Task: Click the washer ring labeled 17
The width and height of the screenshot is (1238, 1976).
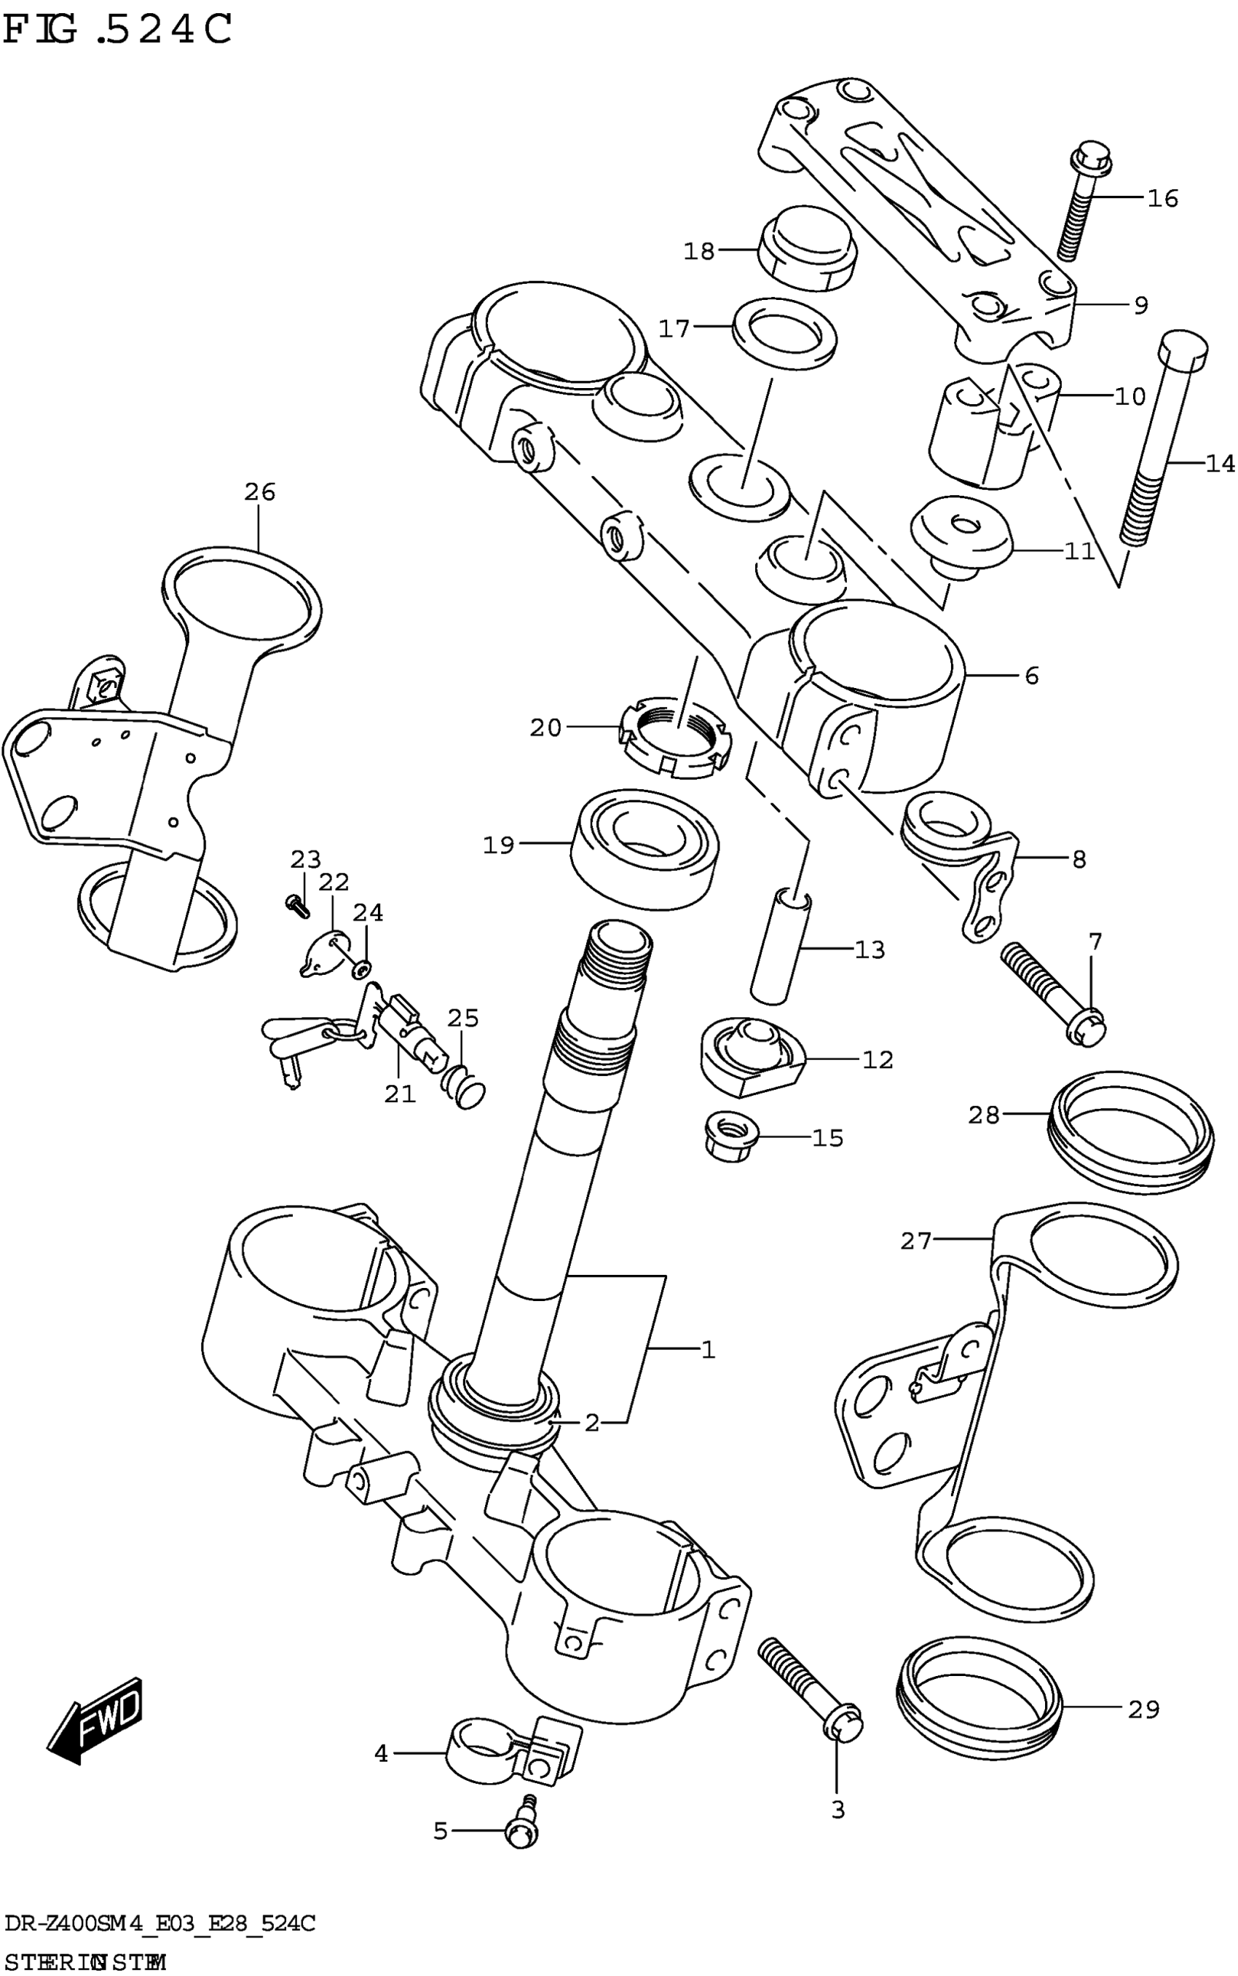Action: (x=784, y=329)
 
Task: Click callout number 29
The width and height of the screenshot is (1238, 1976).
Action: (x=1144, y=1709)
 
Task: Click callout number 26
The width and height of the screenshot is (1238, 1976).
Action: (x=259, y=492)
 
